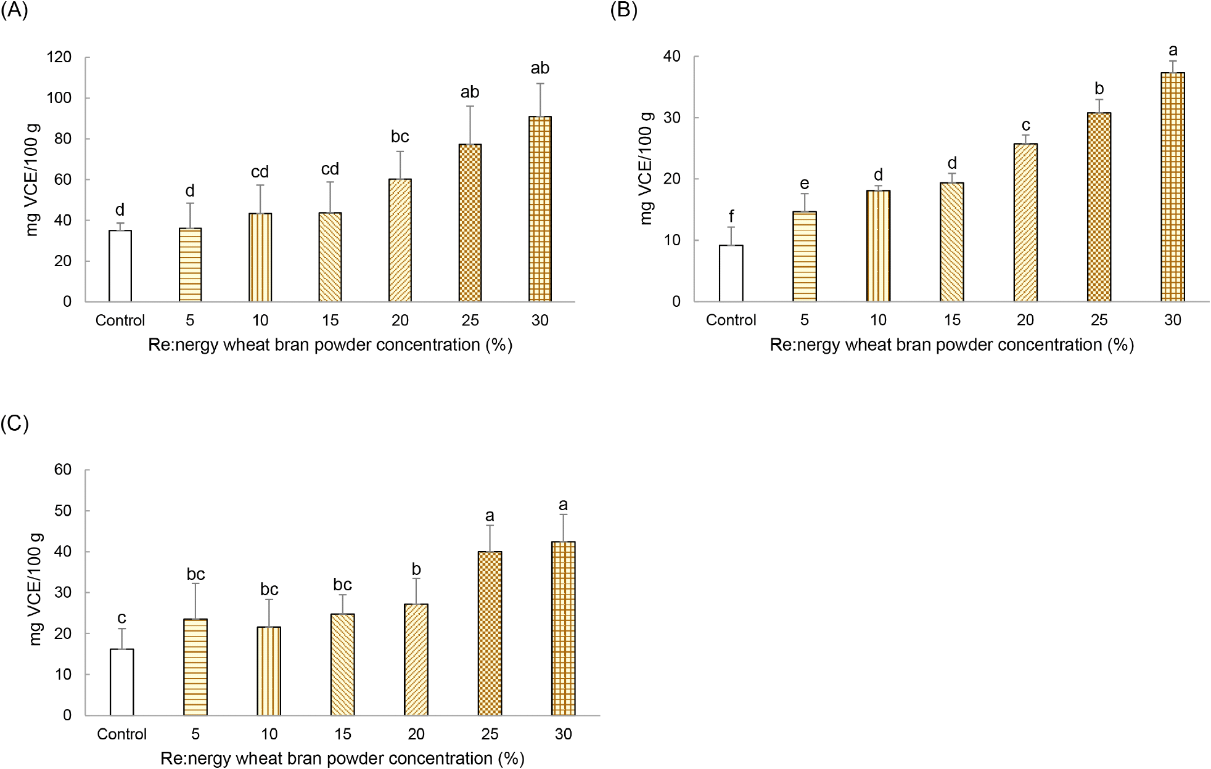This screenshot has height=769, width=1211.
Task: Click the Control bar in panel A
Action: pyautogui.click(x=120, y=266)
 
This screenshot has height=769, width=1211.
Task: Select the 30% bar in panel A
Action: pyautogui.click(x=540, y=210)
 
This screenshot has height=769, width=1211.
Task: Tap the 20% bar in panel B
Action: pyautogui.click(x=1025, y=223)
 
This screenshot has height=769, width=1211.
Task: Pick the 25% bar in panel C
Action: pyautogui.click(x=490, y=633)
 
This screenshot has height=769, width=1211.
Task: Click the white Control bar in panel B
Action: pyautogui.click(x=731, y=274)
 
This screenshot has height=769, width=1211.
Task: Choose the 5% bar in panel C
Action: pyautogui.click(x=195, y=667)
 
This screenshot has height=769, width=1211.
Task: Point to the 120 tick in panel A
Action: pyautogui.click(x=59, y=57)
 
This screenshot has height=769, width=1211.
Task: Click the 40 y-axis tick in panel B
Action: pyautogui.click(x=671, y=57)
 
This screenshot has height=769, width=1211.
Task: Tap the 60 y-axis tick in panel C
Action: pyautogui.click(x=63, y=470)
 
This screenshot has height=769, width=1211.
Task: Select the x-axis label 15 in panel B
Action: pyautogui.click(x=952, y=320)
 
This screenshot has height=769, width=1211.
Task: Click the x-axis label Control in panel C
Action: pyautogui.click(x=121, y=734)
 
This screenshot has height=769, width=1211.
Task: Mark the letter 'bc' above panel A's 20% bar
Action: pyautogui.click(x=400, y=137)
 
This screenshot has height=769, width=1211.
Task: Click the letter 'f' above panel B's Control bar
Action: pyautogui.click(x=731, y=216)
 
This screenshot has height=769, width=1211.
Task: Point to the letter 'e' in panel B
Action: pyautogui.click(x=805, y=184)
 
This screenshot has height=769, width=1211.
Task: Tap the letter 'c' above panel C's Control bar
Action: pyautogui.click(x=121, y=618)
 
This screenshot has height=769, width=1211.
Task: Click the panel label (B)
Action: pyautogui.click(x=623, y=10)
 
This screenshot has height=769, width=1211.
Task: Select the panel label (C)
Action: pyautogui.click(x=14, y=423)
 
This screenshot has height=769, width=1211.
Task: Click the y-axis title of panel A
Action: pyautogui.click(x=32, y=179)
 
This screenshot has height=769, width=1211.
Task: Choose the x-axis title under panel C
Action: pyautogui.click(x=342, y=759)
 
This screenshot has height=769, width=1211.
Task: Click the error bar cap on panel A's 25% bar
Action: pyautogui.click(x=470, y=107)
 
